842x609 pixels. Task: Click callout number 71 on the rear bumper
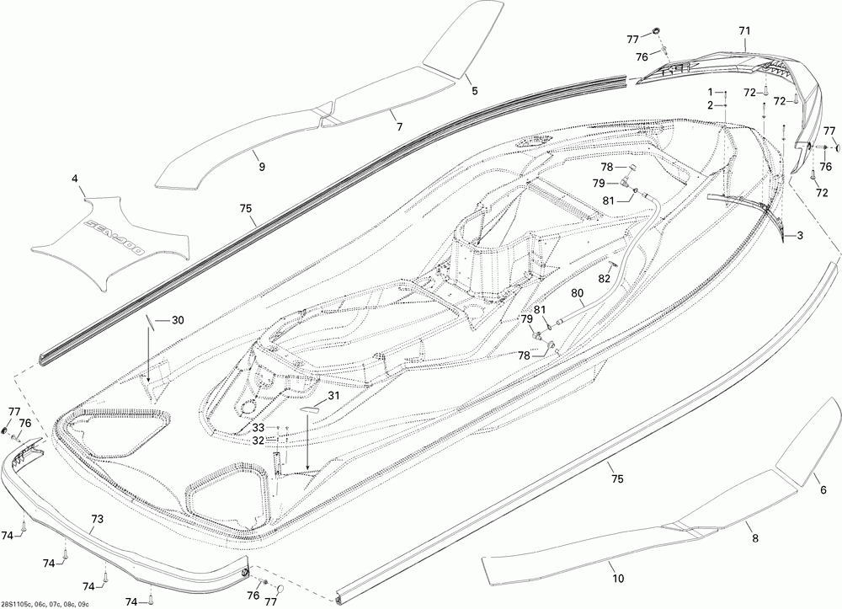743,30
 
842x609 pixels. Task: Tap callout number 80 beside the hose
578,293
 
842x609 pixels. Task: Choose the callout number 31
334,397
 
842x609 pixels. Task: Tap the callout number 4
75,179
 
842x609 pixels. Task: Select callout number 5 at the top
474,89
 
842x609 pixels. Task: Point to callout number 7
399,126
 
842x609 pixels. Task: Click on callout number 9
261,167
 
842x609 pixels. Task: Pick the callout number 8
754,537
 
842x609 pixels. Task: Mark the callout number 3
799,236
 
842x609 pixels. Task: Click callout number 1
710,91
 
